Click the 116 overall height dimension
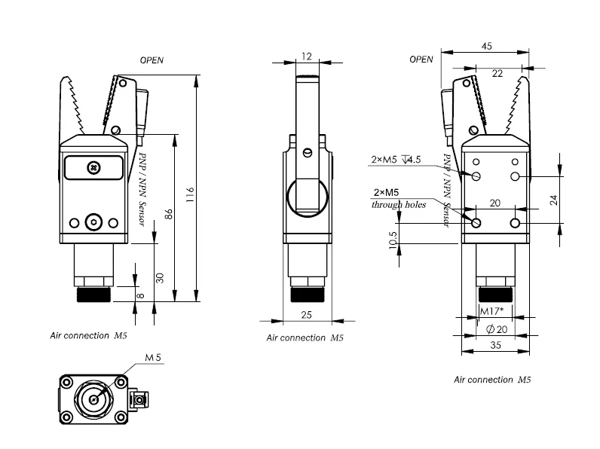tap(190, 194)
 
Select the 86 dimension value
tap(168, 214)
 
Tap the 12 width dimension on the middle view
tap(307, 57)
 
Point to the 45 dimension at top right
tap(486, 46)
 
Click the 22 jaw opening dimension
tap(497, 73)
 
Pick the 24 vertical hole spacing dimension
tap(554, 200)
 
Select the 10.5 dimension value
tap(393, 240)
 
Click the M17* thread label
tap(491, 311)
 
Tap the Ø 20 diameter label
tap(497, 329)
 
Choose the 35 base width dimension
tap(495, 345)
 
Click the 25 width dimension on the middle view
tap(306, 315)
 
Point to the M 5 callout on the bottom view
tap(153, 358)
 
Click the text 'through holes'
tap(399, 205)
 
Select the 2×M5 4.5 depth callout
tap(396, 160)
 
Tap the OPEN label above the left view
tap(152, 60)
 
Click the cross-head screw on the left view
tap(93, 167)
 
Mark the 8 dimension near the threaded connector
tap(140, 295)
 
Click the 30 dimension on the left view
tap(160, 278)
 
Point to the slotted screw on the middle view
tap(307, 153)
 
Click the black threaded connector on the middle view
tap(308, 295)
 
